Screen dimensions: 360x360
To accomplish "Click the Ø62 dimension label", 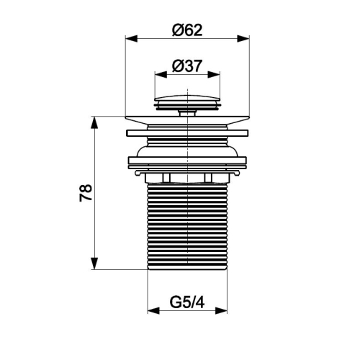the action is [x=187, y=30].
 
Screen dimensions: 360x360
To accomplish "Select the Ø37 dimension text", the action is [x=187, y=66].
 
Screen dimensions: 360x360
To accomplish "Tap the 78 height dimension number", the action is [x=86, y=193].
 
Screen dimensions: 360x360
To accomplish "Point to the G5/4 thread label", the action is [x=187, y=302].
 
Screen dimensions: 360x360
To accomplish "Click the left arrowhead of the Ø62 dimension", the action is [x=132, y=38].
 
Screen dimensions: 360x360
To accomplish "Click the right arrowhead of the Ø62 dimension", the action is [x=243, y=38].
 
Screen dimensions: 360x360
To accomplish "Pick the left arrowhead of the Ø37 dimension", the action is [x=161, y=74].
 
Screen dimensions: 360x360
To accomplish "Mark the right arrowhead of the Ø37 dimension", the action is [x=214, y=74].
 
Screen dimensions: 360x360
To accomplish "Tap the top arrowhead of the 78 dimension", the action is [x=94, y=122].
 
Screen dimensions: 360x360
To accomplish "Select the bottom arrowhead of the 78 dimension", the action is [x=94, y=264].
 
